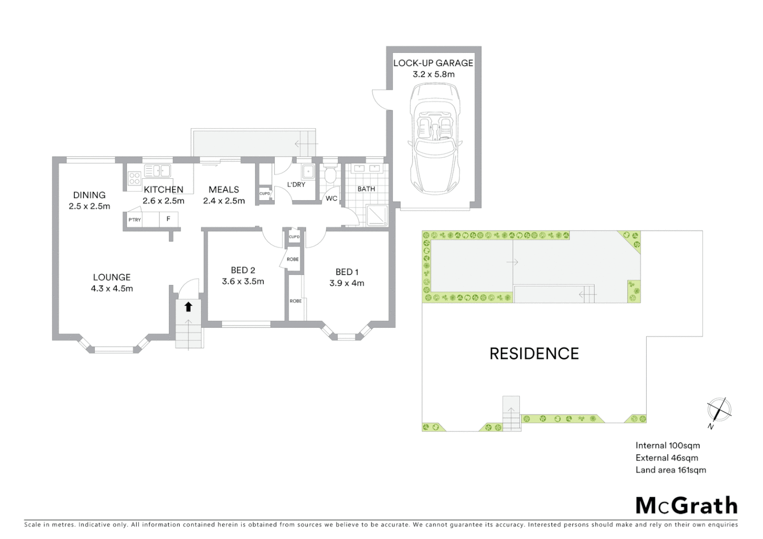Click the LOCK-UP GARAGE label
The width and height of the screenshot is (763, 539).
pos(433,63)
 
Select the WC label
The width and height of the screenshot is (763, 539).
pos(332,198)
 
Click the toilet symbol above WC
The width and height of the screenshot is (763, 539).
pos(330,175)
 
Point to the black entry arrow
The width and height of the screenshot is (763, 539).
pos(188,306)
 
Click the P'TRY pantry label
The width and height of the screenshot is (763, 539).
pos(134,220)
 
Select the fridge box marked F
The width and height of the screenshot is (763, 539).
pos(168,219)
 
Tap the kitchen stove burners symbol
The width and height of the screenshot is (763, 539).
pos(134,178)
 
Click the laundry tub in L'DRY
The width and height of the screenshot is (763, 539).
pos(309,171)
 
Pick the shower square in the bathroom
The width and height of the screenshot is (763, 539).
pos(377,215)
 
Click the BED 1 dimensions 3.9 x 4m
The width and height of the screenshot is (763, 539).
pos(347,283)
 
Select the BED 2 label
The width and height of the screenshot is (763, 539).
pos(243,270)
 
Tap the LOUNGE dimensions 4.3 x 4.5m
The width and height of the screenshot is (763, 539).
pos(112,288)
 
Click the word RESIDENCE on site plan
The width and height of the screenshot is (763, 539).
pos(534,354)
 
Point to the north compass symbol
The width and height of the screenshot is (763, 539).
pos(719,410)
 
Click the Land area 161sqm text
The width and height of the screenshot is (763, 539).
pos(671,470)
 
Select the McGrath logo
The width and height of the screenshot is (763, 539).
pos(686,506)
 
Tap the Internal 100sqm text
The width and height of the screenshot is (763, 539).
pos(668,446)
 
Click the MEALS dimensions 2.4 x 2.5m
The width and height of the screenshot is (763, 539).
pos(224,201)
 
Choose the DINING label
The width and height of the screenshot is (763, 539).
pos(89,195)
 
